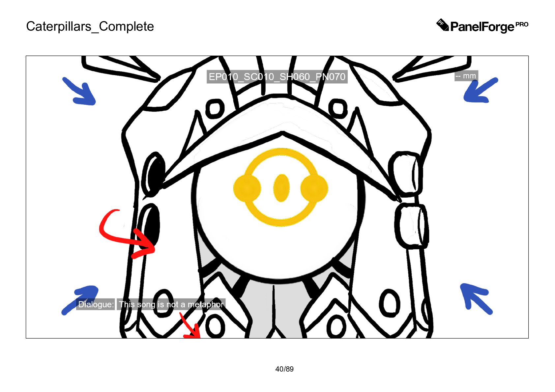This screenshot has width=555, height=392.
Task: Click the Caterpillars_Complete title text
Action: click(x=90, y=26)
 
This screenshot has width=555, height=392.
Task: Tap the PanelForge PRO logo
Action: click(x=482, y=26)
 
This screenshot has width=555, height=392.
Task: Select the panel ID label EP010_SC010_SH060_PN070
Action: click(x=277, y=77)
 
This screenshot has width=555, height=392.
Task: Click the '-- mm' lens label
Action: click(x=466, y=76)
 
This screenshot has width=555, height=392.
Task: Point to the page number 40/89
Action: click(x=284, y=369)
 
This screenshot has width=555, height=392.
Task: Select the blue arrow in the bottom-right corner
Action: click(x=475, y=297)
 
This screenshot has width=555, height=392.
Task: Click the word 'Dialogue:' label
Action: click(x=96, y=304)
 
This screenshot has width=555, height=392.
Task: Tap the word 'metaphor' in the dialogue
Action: click(x=205, y=304)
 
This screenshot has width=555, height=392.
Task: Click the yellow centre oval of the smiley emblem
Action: click(x=281, y=188)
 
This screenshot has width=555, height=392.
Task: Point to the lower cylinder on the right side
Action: click(x=411, y=225)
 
